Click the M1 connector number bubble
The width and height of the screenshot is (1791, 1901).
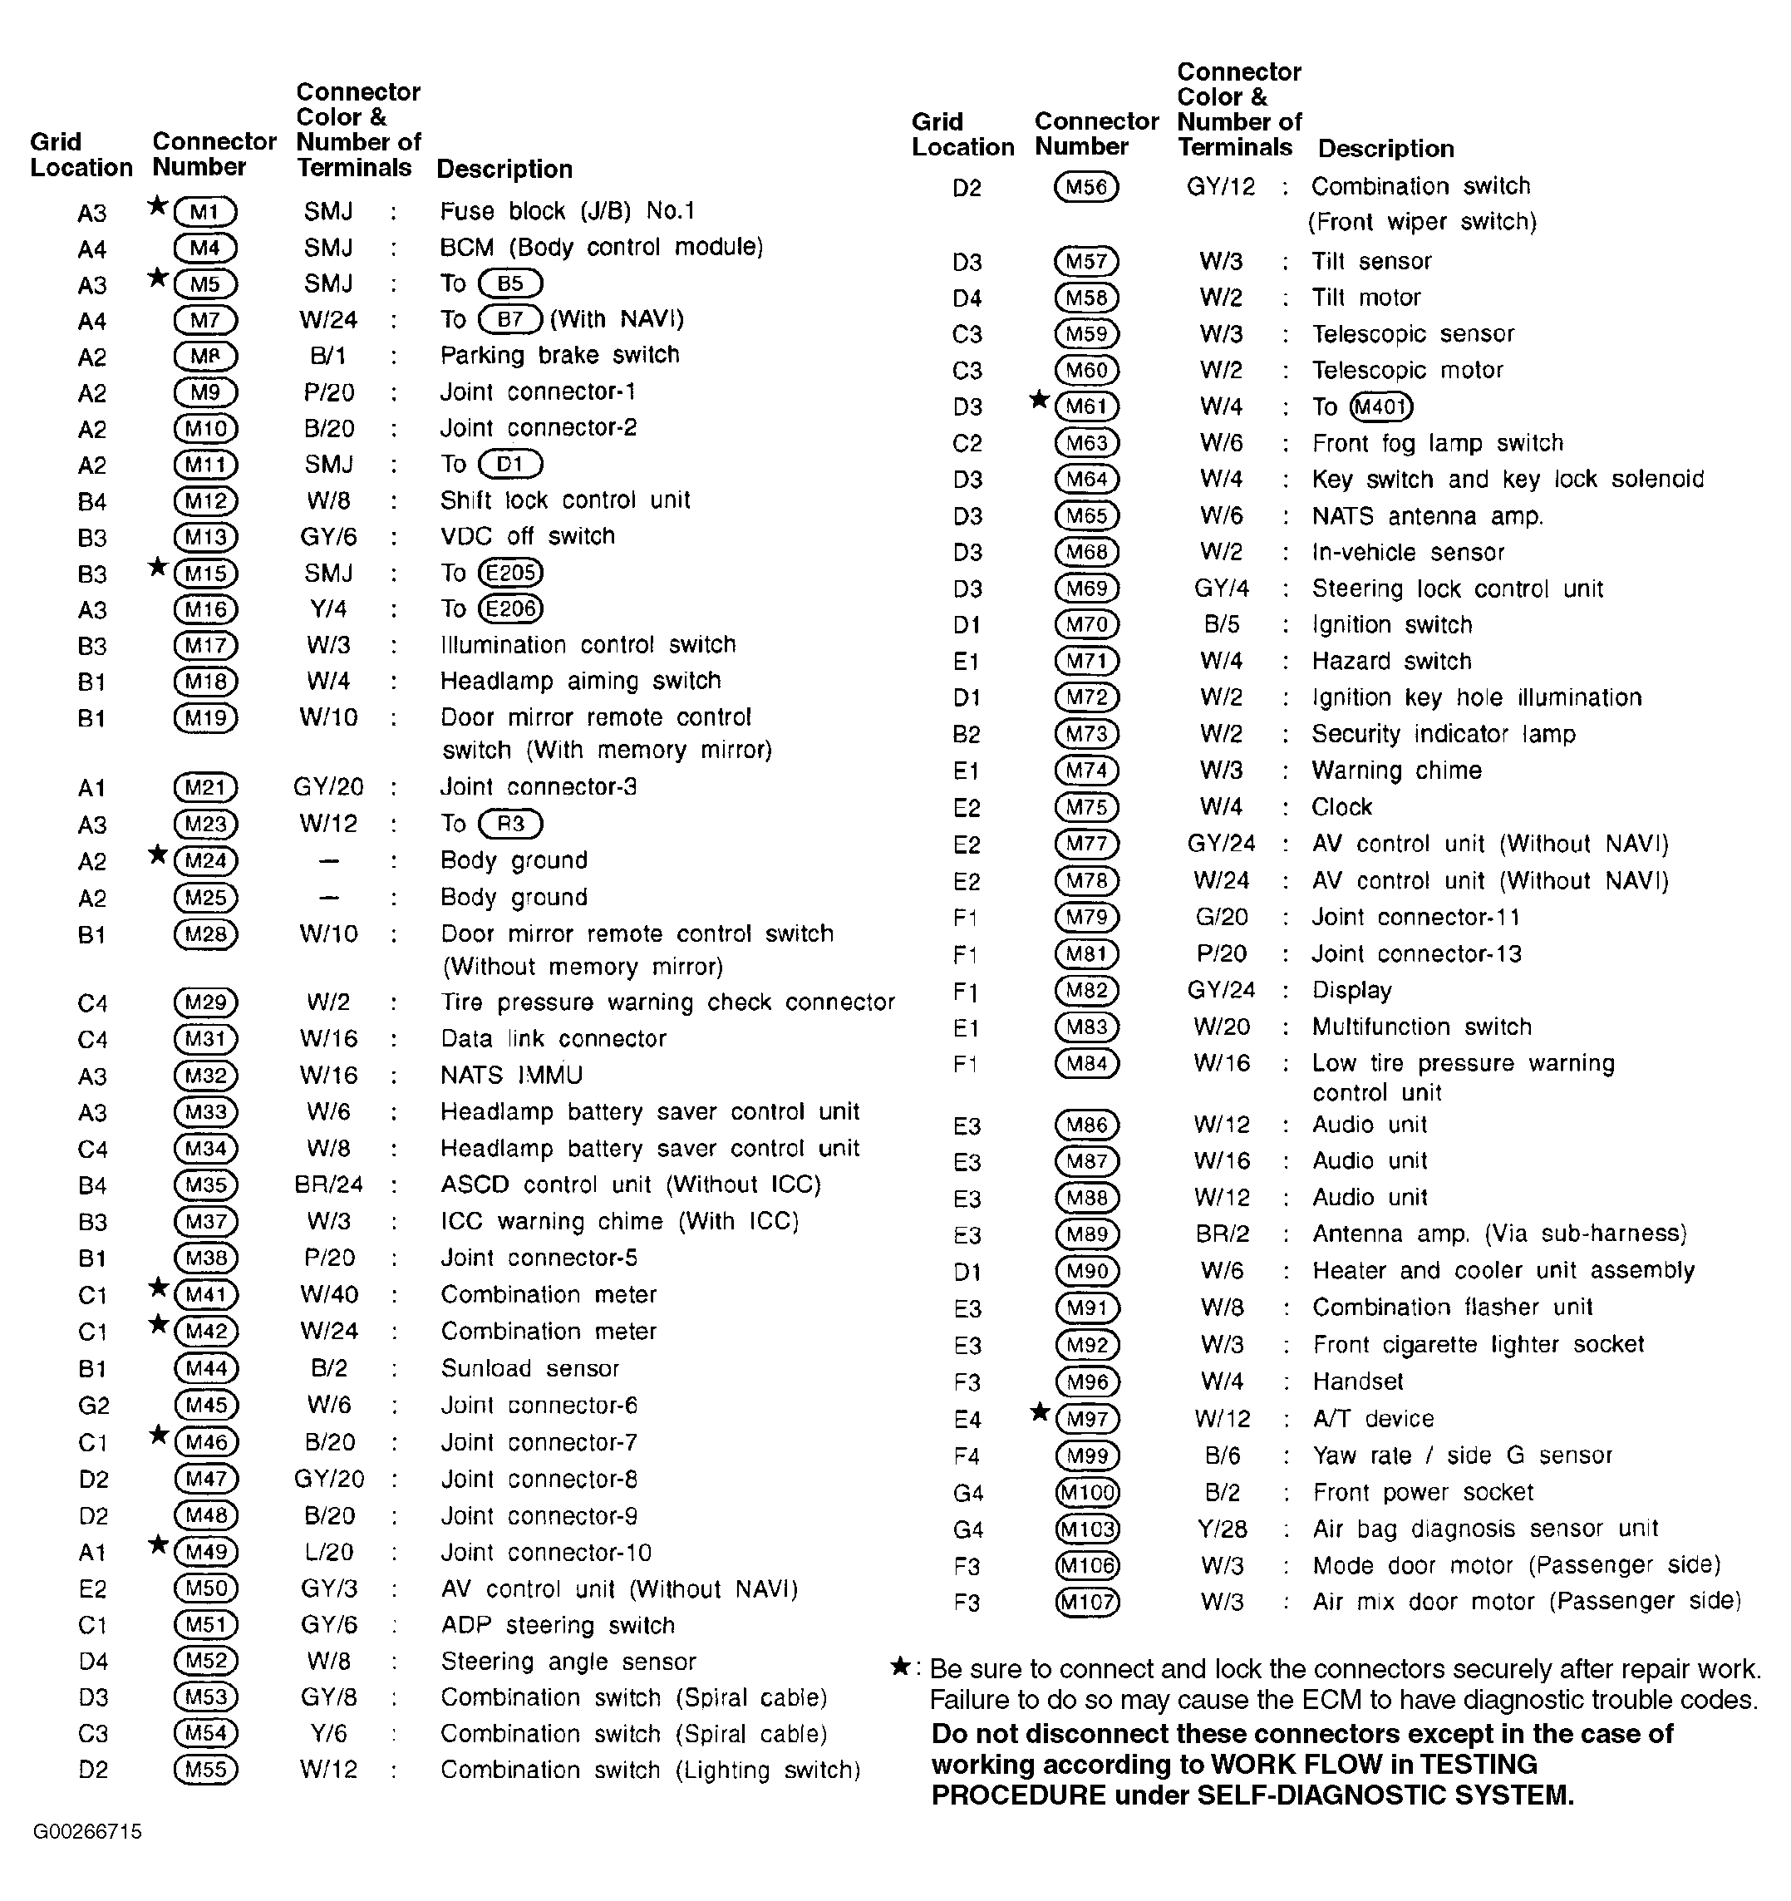(204, 211)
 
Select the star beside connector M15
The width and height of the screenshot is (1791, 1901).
(159, 567)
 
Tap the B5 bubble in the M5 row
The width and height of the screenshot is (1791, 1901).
(509, 283)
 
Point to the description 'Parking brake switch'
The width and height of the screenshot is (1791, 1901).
(559, 355)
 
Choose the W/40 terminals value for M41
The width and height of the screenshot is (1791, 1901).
(329, 1295)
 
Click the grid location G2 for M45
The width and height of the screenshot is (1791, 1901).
(94, 1406)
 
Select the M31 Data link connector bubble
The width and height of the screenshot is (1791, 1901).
(205, 1038)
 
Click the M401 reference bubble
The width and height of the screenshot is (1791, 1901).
(1380, 407)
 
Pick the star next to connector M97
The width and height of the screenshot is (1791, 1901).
(1041, 1412)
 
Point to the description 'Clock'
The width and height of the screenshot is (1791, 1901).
(1341, 807)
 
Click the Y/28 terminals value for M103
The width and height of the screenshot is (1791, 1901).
(1222, 1529)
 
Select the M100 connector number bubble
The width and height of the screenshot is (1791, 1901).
(1087, 1493)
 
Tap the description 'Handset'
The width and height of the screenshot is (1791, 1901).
(1358, 1381)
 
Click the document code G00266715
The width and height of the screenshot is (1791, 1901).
(87, 1831)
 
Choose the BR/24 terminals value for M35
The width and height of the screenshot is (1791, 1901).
(329, 1184)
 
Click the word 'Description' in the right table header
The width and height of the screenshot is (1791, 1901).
(1385, 148)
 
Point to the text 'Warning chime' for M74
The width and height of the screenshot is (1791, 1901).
(1396, 771)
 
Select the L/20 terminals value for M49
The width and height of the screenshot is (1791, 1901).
(329, 1552)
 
